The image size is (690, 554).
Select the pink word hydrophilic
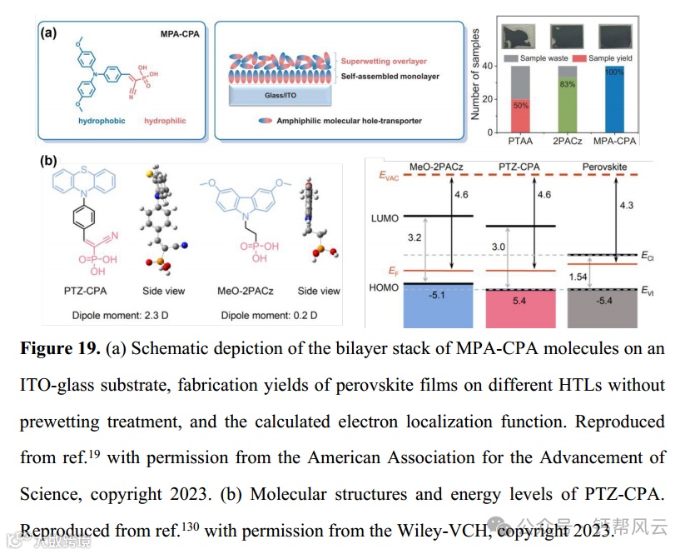coord(165,121)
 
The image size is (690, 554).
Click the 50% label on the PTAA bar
coord(520,106)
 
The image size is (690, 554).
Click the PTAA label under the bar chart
coord(520,143)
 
